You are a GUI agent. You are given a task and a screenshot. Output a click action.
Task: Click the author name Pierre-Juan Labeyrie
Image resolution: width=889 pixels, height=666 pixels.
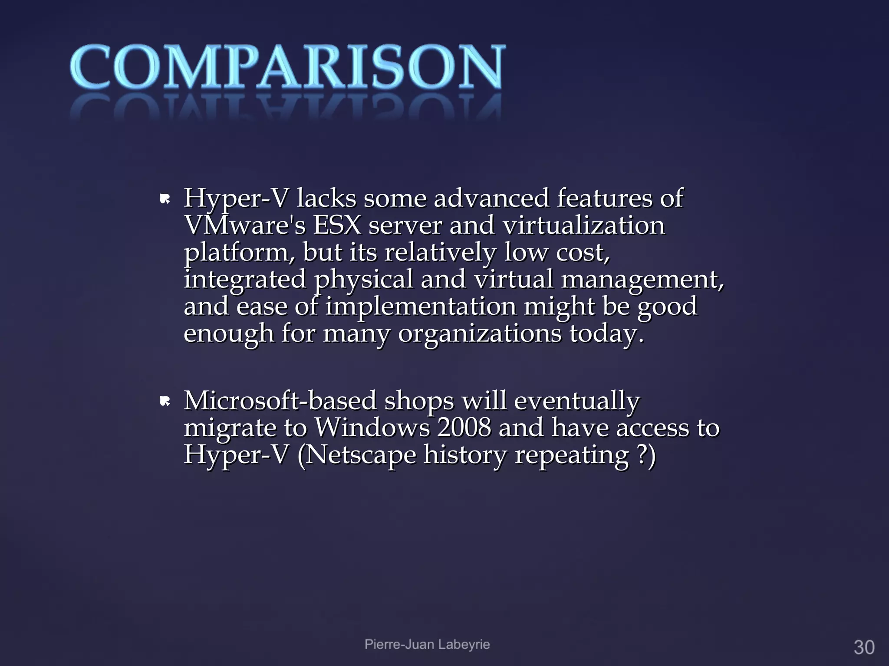(427, 644)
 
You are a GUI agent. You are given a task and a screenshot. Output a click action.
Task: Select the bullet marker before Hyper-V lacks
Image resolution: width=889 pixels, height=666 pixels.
(165, 200)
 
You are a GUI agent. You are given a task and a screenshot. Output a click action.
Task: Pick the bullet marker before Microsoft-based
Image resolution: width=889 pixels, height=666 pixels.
(165, 402)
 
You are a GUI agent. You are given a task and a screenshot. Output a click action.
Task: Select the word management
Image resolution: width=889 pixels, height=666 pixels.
(642, 280)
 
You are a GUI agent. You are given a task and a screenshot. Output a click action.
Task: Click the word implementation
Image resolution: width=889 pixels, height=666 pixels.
(421, 307)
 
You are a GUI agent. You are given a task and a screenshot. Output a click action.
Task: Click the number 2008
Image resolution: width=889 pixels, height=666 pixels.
(464, 428)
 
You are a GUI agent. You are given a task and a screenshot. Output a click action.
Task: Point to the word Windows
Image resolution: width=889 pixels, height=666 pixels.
(372, 428)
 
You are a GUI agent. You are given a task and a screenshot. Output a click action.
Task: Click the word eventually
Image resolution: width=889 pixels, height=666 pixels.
(577, 401)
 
